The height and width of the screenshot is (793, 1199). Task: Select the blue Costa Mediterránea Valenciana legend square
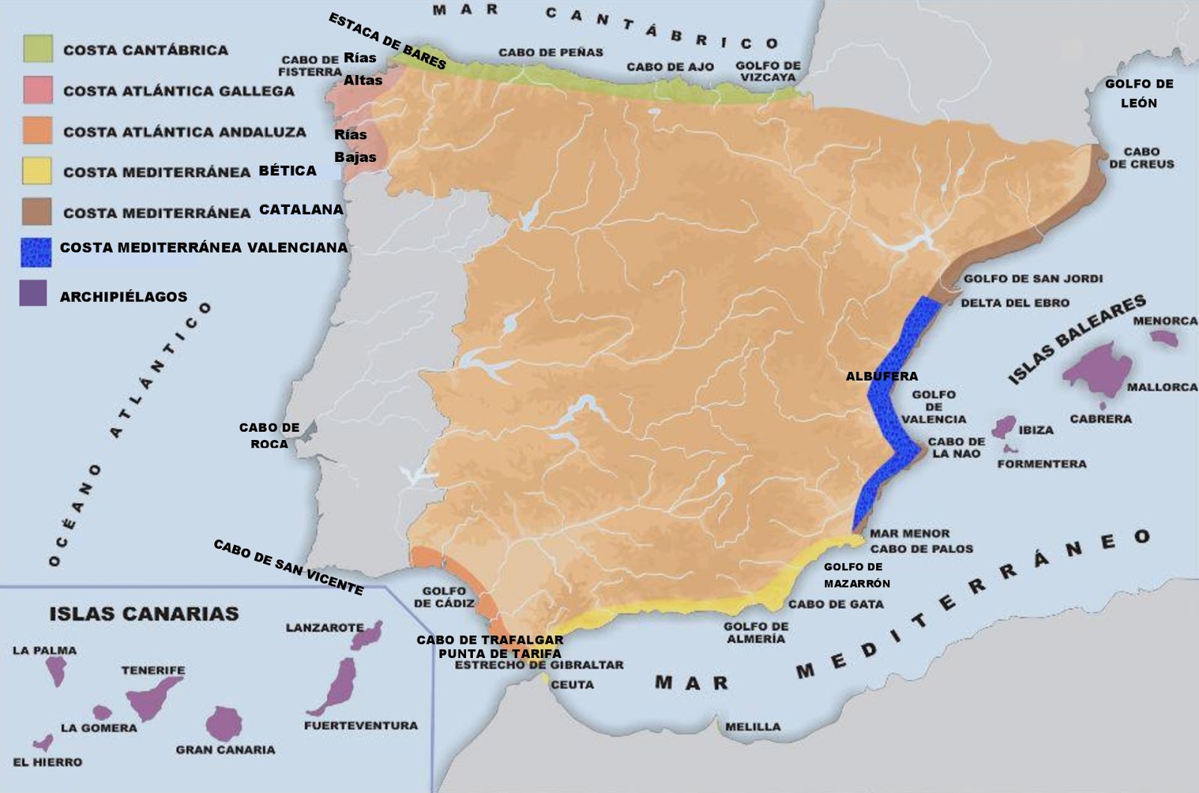36,253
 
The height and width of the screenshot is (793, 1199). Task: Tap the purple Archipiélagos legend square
34,294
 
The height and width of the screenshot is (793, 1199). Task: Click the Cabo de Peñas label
551,52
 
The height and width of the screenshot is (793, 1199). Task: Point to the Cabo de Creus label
1141,157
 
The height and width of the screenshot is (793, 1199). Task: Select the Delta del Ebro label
1015,303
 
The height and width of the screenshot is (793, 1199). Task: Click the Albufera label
881,376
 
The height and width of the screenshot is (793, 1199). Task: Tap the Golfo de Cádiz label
444,597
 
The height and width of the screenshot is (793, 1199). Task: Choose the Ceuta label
572,684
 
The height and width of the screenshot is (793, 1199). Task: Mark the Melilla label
752,726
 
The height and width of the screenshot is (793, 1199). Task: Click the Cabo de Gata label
836,604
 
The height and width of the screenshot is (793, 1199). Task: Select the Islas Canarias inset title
144,614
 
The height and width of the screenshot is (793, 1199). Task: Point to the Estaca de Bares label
387,42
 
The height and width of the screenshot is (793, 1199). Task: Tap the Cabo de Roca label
269,435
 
